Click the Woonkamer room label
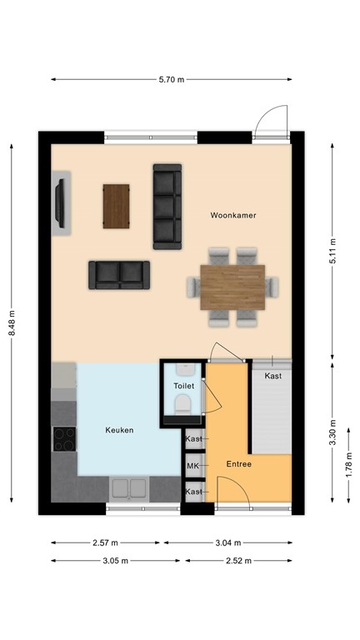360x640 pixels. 232,215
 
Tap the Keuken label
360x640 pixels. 119,430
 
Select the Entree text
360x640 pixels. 238,463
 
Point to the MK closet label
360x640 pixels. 193,466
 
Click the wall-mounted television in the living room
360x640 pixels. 61,200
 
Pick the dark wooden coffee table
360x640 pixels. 117,206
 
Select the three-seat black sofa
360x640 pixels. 167,206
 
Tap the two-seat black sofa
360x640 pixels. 119,274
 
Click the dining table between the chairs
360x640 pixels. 233,286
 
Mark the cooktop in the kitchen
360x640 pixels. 64,438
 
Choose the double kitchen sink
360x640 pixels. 129,487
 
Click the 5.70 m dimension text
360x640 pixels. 172,80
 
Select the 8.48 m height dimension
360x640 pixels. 12,322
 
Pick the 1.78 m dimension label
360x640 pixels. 349,461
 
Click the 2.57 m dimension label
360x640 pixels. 105,542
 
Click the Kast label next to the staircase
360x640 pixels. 272,377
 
